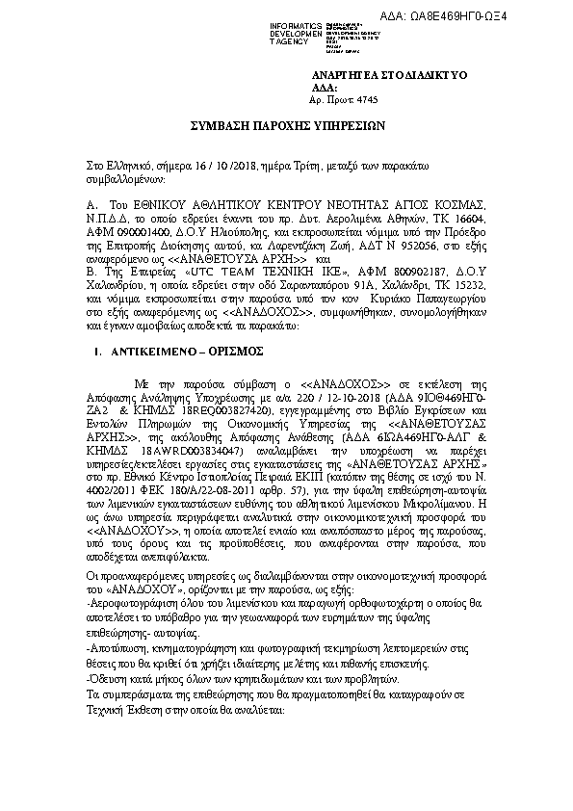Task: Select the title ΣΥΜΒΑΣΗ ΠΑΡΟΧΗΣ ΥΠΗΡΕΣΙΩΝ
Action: click(286, 125)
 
